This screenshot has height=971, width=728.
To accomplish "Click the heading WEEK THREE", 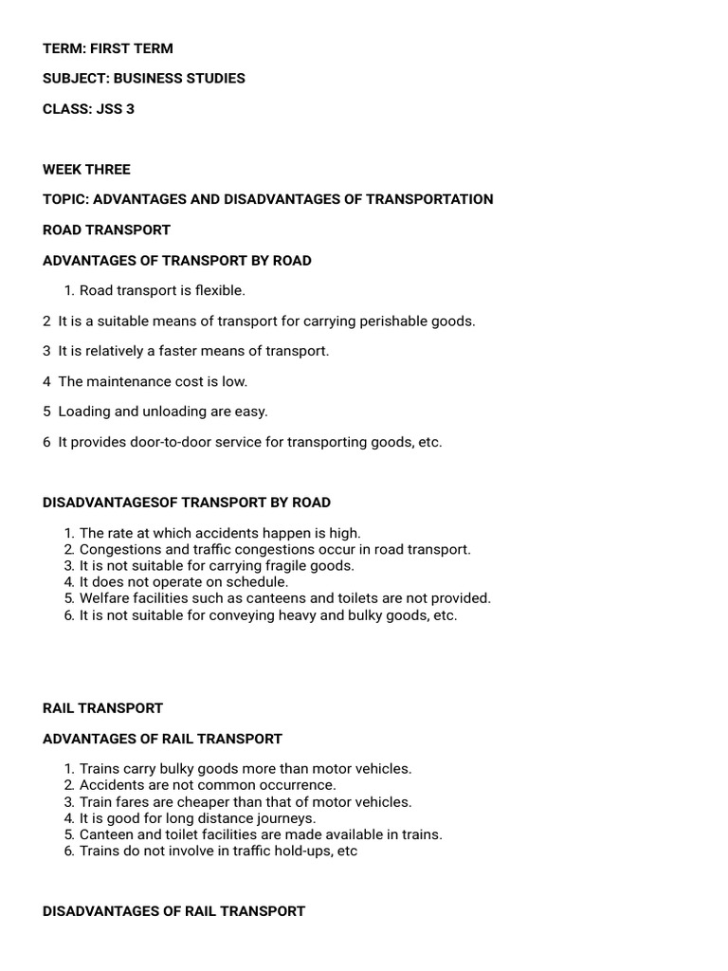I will pyautogui.click(x=86, y=170).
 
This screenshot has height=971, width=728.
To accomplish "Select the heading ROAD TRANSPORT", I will pyautogui.click(x=106, y=229).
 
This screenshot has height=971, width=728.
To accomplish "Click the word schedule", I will pyautogui.click(x=256, y=582).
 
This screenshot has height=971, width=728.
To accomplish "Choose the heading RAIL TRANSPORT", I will pyautogui.click(x=102, y=708).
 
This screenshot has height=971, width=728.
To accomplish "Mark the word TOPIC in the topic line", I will pyautogui.click(x=64, y=199).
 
